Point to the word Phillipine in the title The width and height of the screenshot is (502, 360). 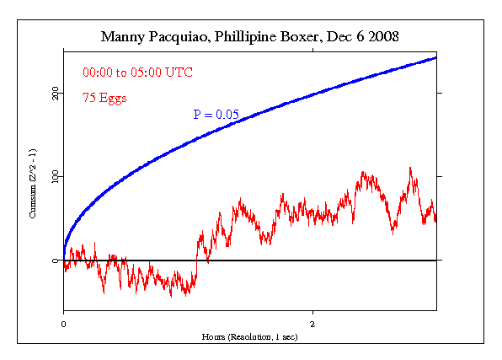[245, 37]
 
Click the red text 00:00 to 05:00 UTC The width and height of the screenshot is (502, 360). [137, 73]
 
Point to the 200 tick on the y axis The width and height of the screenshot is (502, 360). [55, 93]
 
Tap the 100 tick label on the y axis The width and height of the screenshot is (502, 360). [55, 177]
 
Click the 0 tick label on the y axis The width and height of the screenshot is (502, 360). [56, 261]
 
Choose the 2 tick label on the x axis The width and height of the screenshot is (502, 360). [312, 323]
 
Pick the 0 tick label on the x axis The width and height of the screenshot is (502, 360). [64, 323]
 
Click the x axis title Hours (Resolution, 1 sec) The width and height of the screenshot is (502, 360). [249, 336]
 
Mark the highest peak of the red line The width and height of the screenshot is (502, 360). [410, 168]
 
